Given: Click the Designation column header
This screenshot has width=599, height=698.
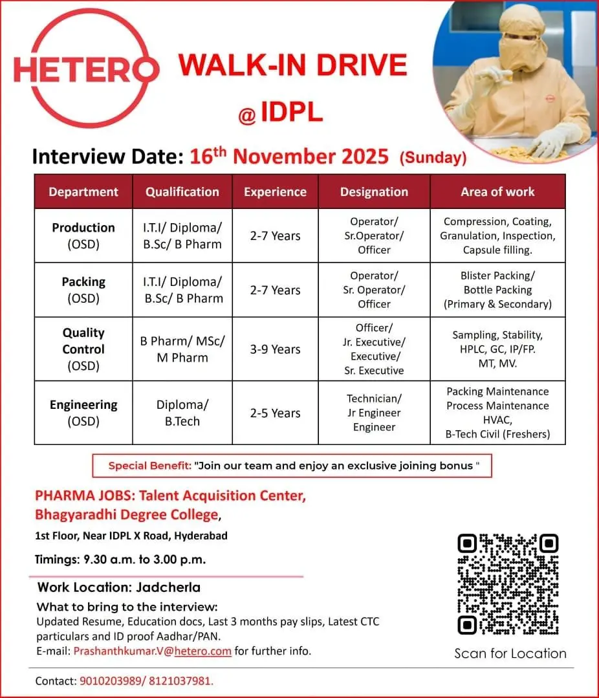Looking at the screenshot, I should [374, 191].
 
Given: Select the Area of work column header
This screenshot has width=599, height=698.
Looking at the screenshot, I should [497, 191].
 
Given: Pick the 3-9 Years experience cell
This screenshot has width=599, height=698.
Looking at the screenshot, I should [275, 349].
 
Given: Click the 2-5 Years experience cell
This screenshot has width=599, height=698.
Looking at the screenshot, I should [275, 413].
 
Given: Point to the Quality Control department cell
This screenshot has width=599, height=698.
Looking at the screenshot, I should [83, 349].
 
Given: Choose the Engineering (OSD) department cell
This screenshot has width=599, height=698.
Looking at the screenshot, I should [83, 413].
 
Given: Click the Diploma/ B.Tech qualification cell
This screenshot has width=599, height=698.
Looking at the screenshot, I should [182, 413].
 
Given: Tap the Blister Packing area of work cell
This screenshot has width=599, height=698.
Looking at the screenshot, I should [497, 290].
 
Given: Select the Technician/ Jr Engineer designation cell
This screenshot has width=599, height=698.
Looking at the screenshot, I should [374, 413].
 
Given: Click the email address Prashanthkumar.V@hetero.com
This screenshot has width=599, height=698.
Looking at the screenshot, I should [152, 651].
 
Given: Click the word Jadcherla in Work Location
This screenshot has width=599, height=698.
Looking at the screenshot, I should [168, 587].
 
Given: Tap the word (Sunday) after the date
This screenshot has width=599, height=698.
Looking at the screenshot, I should [433, 157].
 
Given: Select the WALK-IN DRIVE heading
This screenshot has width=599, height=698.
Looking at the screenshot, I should [293, 66].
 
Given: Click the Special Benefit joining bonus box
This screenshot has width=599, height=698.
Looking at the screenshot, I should [292, 466].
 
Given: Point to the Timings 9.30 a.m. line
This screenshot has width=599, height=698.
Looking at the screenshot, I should [120, 560].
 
